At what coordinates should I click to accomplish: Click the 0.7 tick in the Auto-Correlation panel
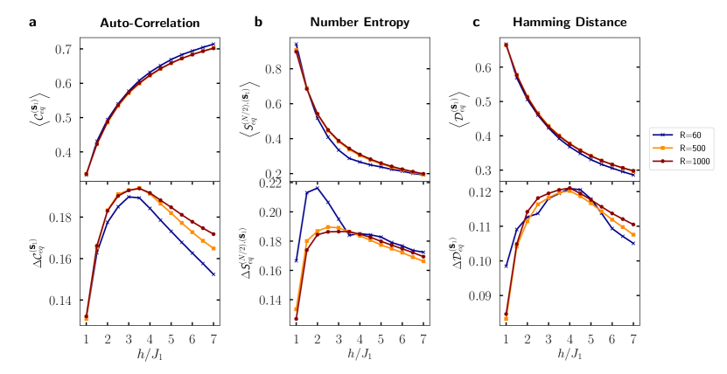[x=65, y=49]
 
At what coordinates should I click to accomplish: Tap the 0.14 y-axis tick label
[x=61, y=301]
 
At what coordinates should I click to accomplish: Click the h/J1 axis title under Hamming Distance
[x=567, y=354]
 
